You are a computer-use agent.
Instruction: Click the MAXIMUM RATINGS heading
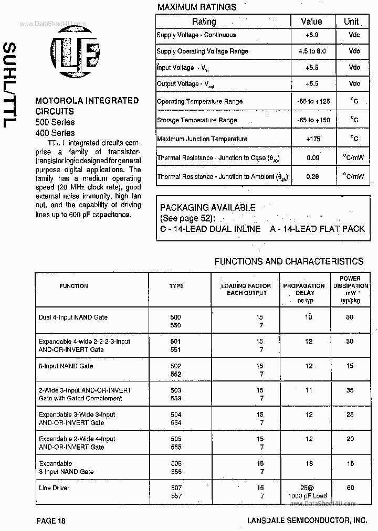[x=197, y=7]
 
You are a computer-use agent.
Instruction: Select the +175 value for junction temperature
[x=312, y=139]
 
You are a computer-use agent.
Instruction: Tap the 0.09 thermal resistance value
[x=312, y=157]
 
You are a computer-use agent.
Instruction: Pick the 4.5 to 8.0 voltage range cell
[x=312, y=51]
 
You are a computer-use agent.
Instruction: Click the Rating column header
[x=204, y=22]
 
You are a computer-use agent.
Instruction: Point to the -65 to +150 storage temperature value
[x=313, y=120]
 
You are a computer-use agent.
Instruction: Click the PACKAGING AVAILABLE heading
[x=207, y=208]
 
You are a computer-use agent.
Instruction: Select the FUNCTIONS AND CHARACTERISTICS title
[x=289, y=261]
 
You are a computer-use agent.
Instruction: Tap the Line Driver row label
[x=54, y=488]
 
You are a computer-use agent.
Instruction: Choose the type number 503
[x=175, y=390]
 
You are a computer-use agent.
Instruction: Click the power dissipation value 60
[x=350, y=488]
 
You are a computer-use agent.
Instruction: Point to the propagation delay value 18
[x=309, y=464]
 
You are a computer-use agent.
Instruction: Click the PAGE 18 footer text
[x=51, y=521]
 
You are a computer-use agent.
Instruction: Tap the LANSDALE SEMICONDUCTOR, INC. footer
[x=307, y=521]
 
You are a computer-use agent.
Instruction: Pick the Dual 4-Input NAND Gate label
[x=73, y=317]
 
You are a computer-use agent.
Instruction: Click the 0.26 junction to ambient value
[x=312, y=176]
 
